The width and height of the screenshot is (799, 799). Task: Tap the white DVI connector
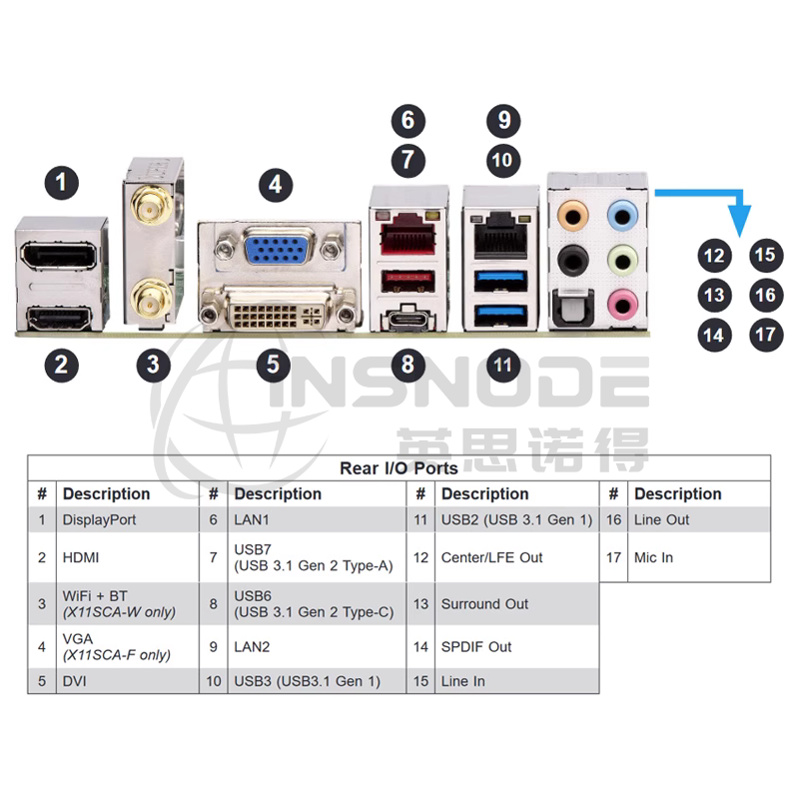pos(279,310)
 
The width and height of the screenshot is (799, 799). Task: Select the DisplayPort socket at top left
pos(58,255)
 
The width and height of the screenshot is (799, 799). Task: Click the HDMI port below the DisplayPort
pos(60,319)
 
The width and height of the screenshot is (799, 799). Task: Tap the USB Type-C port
pos(408,322)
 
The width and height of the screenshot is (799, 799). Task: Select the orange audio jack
pos(572,217)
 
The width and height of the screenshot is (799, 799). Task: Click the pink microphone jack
pos(622,306)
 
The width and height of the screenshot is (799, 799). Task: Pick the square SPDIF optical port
pos(572,308)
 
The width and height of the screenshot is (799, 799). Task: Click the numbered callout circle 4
pos(276,185)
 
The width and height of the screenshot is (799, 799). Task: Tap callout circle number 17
pos(765,335)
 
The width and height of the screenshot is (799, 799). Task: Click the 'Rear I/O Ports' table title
pos(399,468)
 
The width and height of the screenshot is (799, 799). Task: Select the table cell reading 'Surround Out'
pos(484,604)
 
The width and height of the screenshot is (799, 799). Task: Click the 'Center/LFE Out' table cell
pos(491,557)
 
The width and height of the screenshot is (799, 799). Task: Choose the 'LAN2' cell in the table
pos(252,646)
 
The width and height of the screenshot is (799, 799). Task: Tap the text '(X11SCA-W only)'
pos(119,612)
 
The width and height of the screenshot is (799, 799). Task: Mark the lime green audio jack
pos(622,261)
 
